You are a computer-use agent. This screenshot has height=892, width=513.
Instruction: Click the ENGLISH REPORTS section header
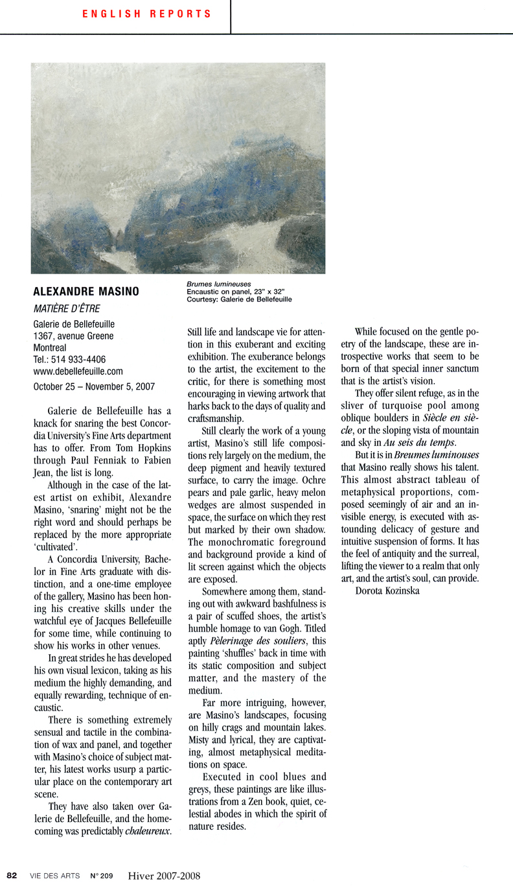tap(146, 14)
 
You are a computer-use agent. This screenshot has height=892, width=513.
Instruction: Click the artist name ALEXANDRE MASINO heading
tap(85, 292)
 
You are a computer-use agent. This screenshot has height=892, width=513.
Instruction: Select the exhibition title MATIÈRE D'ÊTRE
tap(67, 308)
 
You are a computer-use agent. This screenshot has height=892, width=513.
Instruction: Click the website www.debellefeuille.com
tap(78, 371)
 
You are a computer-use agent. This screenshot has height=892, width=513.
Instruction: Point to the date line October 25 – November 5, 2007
tap(94, 386)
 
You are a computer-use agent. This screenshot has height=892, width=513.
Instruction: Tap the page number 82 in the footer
tap(12, 876)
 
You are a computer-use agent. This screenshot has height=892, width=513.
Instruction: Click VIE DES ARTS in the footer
tap(54, 876)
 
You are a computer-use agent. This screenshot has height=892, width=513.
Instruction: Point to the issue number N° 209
tap(102, 876)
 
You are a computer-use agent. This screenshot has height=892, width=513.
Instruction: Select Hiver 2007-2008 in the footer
tap(164, 876)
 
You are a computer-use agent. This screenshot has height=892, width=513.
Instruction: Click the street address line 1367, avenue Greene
tap(73, 336)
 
